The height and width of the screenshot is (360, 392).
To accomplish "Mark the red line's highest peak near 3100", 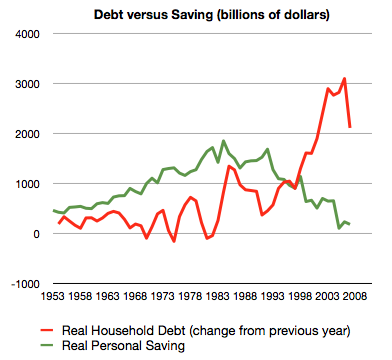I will coord(344,78).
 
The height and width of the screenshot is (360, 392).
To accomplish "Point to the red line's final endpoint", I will coord(350,127).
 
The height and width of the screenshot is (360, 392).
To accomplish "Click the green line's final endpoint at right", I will coord(350,224).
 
